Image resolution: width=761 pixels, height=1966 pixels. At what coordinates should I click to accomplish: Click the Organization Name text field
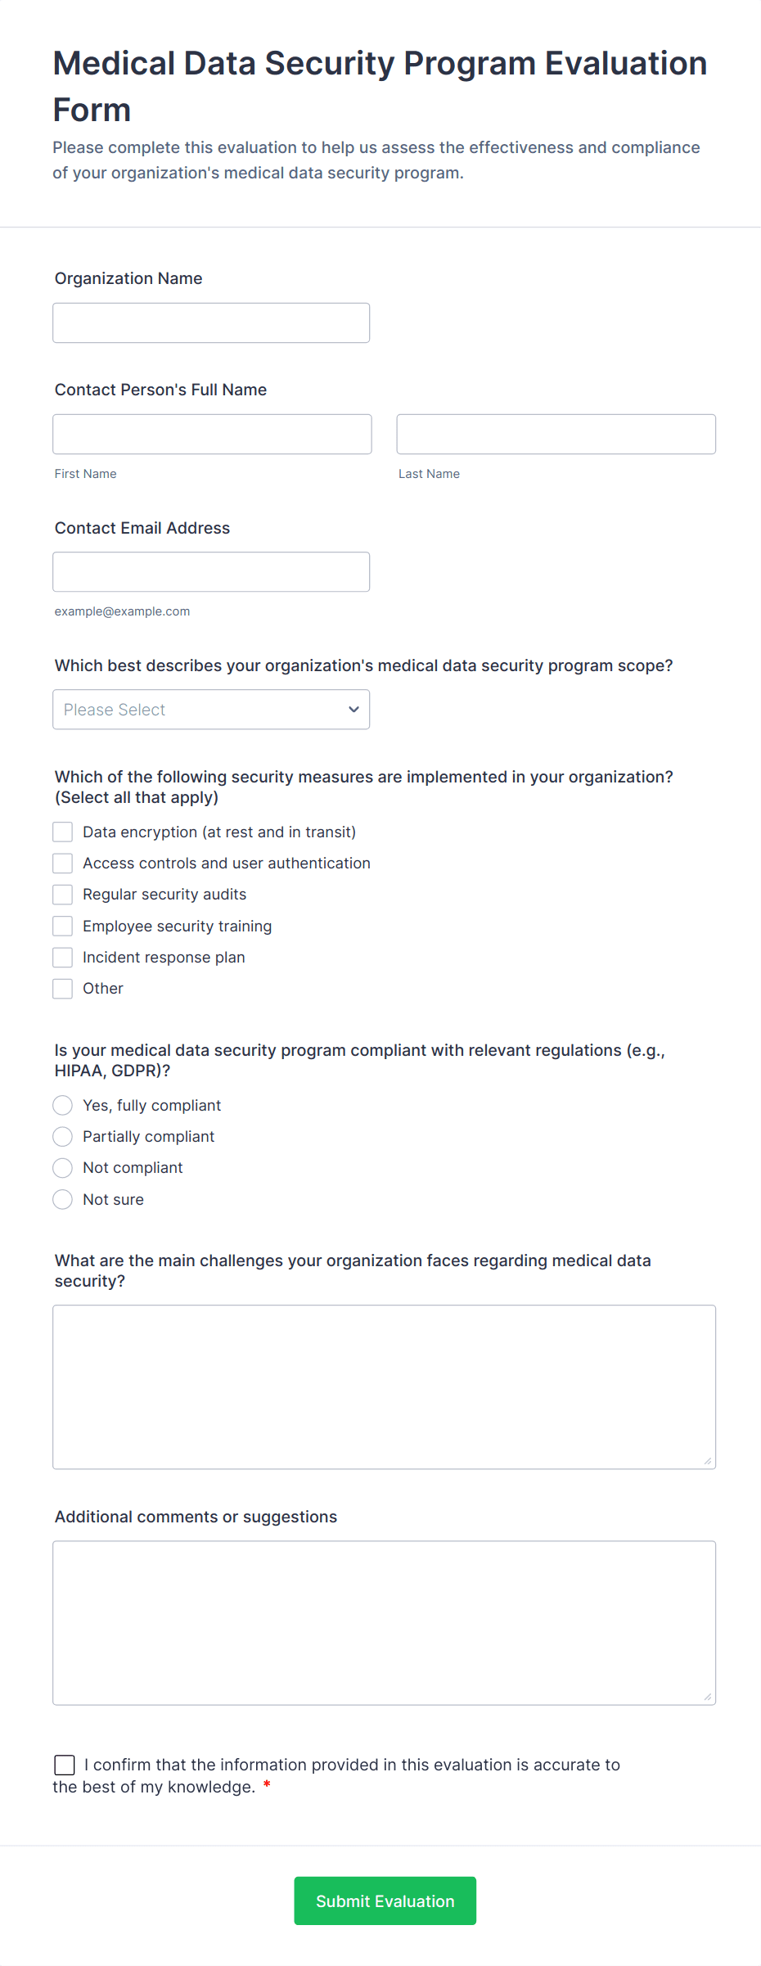(x=211, y=323)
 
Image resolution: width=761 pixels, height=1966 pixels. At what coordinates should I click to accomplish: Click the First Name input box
(x=212, y=435)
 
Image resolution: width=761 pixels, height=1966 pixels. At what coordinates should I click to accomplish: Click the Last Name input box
(x=556, y=435)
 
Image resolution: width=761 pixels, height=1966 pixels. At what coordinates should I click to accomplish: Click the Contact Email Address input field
(x=211, y=572)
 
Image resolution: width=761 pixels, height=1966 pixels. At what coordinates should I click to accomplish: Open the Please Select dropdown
(x=211, y=710)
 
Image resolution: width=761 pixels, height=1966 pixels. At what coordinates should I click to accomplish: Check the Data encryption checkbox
(x=63, y=832)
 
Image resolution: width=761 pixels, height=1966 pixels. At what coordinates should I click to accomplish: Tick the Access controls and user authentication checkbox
(x=63, y=864)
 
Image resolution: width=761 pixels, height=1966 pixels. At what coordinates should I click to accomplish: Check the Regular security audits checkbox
(x=63, y=895)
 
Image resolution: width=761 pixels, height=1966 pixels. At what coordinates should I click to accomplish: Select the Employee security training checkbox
(x=63, y=927)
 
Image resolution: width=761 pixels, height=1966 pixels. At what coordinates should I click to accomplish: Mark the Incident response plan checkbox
(x=63, y=958)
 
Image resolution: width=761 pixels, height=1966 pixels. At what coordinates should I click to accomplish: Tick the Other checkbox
(x=63, y=989)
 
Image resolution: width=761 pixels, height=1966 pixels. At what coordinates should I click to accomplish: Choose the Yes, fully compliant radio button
(x=63, y=1106)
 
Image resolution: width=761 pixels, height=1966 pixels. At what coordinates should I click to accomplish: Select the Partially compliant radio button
(x=63, y=1137)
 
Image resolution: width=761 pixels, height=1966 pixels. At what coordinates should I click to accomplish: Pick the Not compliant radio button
(x=63, y=1168)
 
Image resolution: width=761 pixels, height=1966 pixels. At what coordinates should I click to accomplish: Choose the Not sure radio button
(x=63, y=1200)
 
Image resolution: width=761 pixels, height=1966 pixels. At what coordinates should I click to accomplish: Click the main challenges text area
(x=384, y=1387)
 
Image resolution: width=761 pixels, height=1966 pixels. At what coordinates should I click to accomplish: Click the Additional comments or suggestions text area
(x=384, y=1623)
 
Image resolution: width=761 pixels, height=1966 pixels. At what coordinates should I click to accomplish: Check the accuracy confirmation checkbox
(x=65, y=1765)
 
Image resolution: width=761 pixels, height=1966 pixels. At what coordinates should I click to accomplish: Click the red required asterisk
(x=267, y=1786)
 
